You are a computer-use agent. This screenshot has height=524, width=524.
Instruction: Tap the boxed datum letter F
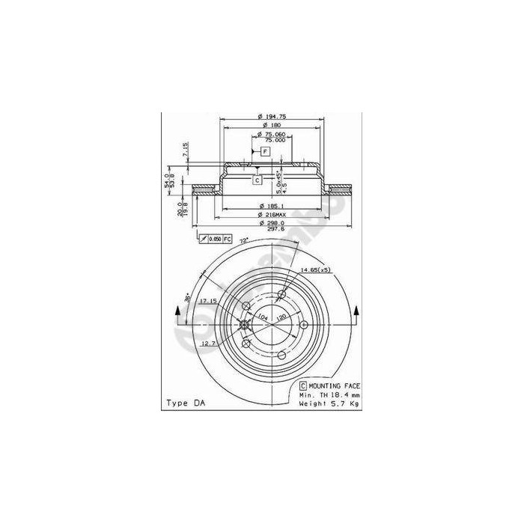click(265, 152)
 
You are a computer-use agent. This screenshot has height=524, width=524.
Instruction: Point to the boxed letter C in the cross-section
click(257, 180)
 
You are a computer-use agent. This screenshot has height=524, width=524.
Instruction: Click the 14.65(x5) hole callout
click(316, 269)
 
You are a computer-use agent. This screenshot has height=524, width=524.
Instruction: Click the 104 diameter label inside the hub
click(262, 317)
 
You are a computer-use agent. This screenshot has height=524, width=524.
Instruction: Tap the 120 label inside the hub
click(281, 317)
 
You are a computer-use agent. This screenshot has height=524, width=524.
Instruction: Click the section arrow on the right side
click(357, 314)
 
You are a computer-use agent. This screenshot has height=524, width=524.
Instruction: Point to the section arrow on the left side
click(177, 314)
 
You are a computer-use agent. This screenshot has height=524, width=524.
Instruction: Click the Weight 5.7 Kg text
click(330, 403)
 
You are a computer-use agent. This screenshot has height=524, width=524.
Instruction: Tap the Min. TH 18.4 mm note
click(330, 394)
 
